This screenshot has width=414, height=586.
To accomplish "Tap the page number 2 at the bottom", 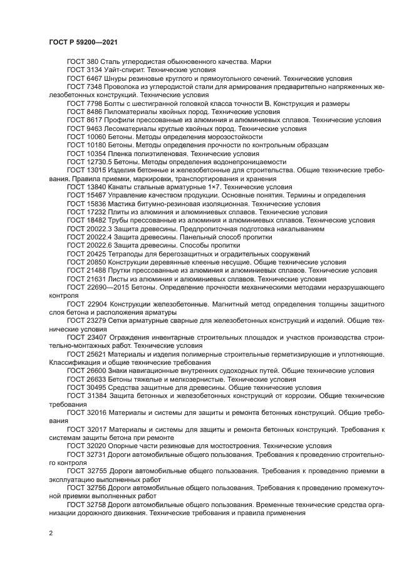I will (x=51, y=532).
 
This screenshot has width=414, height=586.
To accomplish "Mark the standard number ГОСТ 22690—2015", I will (x=96, y=286).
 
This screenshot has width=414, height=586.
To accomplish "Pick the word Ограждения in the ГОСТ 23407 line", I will (x=131, y=337).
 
